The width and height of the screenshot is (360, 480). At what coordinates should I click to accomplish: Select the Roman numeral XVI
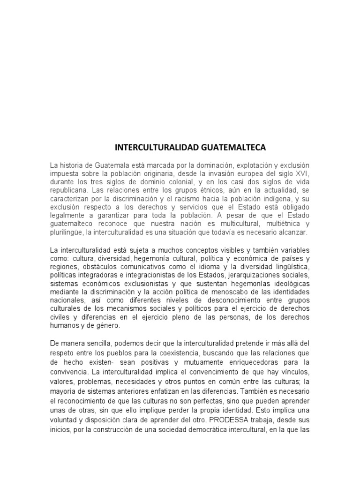303,174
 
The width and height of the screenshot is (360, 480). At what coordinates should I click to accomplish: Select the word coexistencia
181,354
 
